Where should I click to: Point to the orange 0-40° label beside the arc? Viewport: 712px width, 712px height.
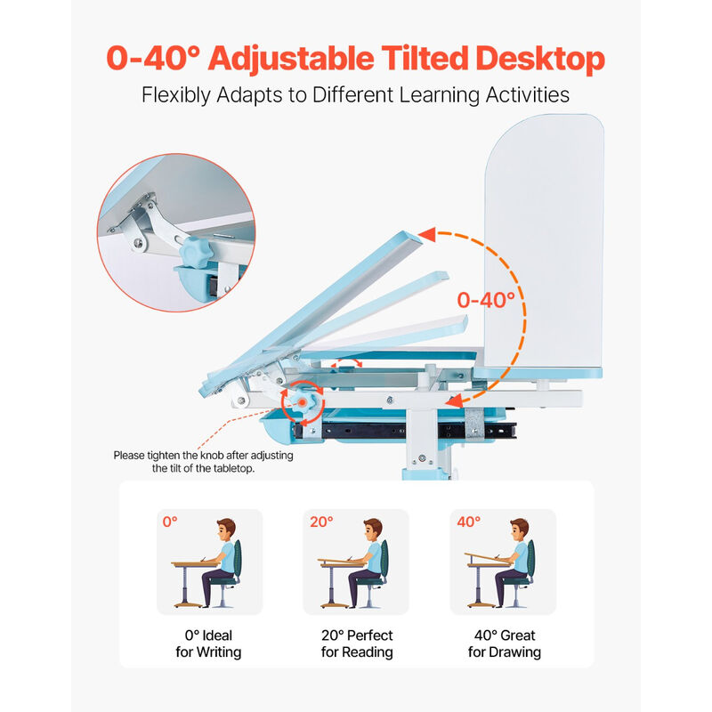pyautogui.click(x=487, y=299)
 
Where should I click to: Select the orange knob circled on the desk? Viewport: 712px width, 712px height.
pyautogui.click(x=303, y=403)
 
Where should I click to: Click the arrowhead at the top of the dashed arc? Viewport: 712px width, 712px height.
pyautogui.click(x=426, y=235)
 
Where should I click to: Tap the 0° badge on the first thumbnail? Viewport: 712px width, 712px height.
pyautogui.click(x=170, y=522)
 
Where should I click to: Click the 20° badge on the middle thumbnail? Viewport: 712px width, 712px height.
pyautogui.click(x=321, y=522)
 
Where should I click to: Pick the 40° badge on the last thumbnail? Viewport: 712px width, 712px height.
pyautogui.click(x=468, y=522)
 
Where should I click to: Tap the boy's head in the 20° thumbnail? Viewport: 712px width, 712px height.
pyautogui.click(x=372, y=530)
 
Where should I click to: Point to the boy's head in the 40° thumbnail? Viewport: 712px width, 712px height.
pyautogui.click(x=519, y=530)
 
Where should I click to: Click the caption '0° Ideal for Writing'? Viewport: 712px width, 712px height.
pyautogui.click(x=209, y=643)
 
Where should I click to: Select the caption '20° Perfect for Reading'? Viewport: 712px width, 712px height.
pyautogui.click(x=356, y=643)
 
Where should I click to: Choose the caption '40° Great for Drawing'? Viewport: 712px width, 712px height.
pyautogui.click(x=504, y=643)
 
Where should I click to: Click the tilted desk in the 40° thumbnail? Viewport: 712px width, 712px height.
pyautogui.click(x=488, y=559)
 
